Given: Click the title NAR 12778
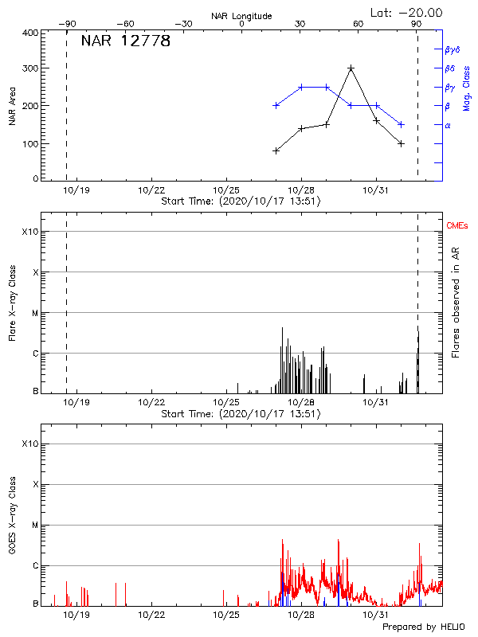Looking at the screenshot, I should coord(126,41).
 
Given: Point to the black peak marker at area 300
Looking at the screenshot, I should coord(351,68).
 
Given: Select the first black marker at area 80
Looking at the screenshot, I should coord(276,150).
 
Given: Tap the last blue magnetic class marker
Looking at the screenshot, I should coord(402,124).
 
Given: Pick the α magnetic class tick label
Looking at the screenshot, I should coord(448,125).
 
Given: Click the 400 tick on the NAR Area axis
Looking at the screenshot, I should coord(31,33).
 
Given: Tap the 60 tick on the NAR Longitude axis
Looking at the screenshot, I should coord(358,24).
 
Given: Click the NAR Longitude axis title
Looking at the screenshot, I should coord(242,15).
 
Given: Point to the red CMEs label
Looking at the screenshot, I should coord(458,226).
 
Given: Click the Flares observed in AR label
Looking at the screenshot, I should coord(456,302).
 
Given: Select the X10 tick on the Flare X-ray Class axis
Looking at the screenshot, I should coord(30,232).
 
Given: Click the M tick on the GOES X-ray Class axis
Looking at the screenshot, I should coord(34,526).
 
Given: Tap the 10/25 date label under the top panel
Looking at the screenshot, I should coord(226,190).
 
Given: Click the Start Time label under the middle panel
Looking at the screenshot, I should coord(241,414).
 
